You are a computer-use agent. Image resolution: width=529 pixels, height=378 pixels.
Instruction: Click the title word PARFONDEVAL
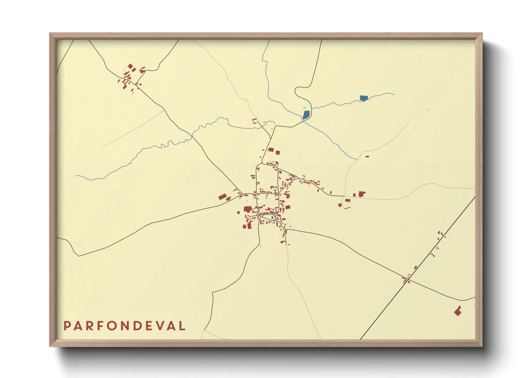125,326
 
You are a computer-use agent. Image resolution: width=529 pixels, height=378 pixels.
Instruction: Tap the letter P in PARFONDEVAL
67,326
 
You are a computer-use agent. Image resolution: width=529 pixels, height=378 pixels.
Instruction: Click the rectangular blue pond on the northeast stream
363,98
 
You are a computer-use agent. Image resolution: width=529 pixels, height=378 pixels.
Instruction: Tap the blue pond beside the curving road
306,115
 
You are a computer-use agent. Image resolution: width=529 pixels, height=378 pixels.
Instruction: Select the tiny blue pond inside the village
272,217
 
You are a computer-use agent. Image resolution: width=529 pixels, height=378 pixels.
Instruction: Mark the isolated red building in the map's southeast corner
458,311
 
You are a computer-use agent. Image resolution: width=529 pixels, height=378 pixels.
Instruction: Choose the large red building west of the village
223,197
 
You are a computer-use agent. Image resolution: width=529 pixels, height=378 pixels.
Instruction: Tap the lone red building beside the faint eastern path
367,156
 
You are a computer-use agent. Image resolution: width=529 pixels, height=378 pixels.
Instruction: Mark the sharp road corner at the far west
78,256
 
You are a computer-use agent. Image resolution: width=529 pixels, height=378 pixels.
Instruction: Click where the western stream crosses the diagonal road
192,138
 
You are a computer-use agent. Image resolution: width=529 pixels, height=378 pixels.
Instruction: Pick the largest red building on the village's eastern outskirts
362,194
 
